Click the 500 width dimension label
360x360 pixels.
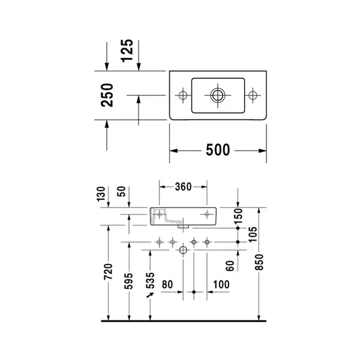(x=218, y=150)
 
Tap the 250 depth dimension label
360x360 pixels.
(x=107, y=95)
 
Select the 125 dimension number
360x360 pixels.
(x=127, y=50)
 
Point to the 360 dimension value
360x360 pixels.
(x=183, y=187)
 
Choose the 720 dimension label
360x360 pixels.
(x=109, y=272)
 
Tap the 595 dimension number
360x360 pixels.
(x=128, y=281)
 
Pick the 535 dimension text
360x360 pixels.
(x=150, y=281)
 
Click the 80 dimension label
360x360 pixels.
(x=167, y=284)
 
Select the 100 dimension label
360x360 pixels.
(x=221, y=284)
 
